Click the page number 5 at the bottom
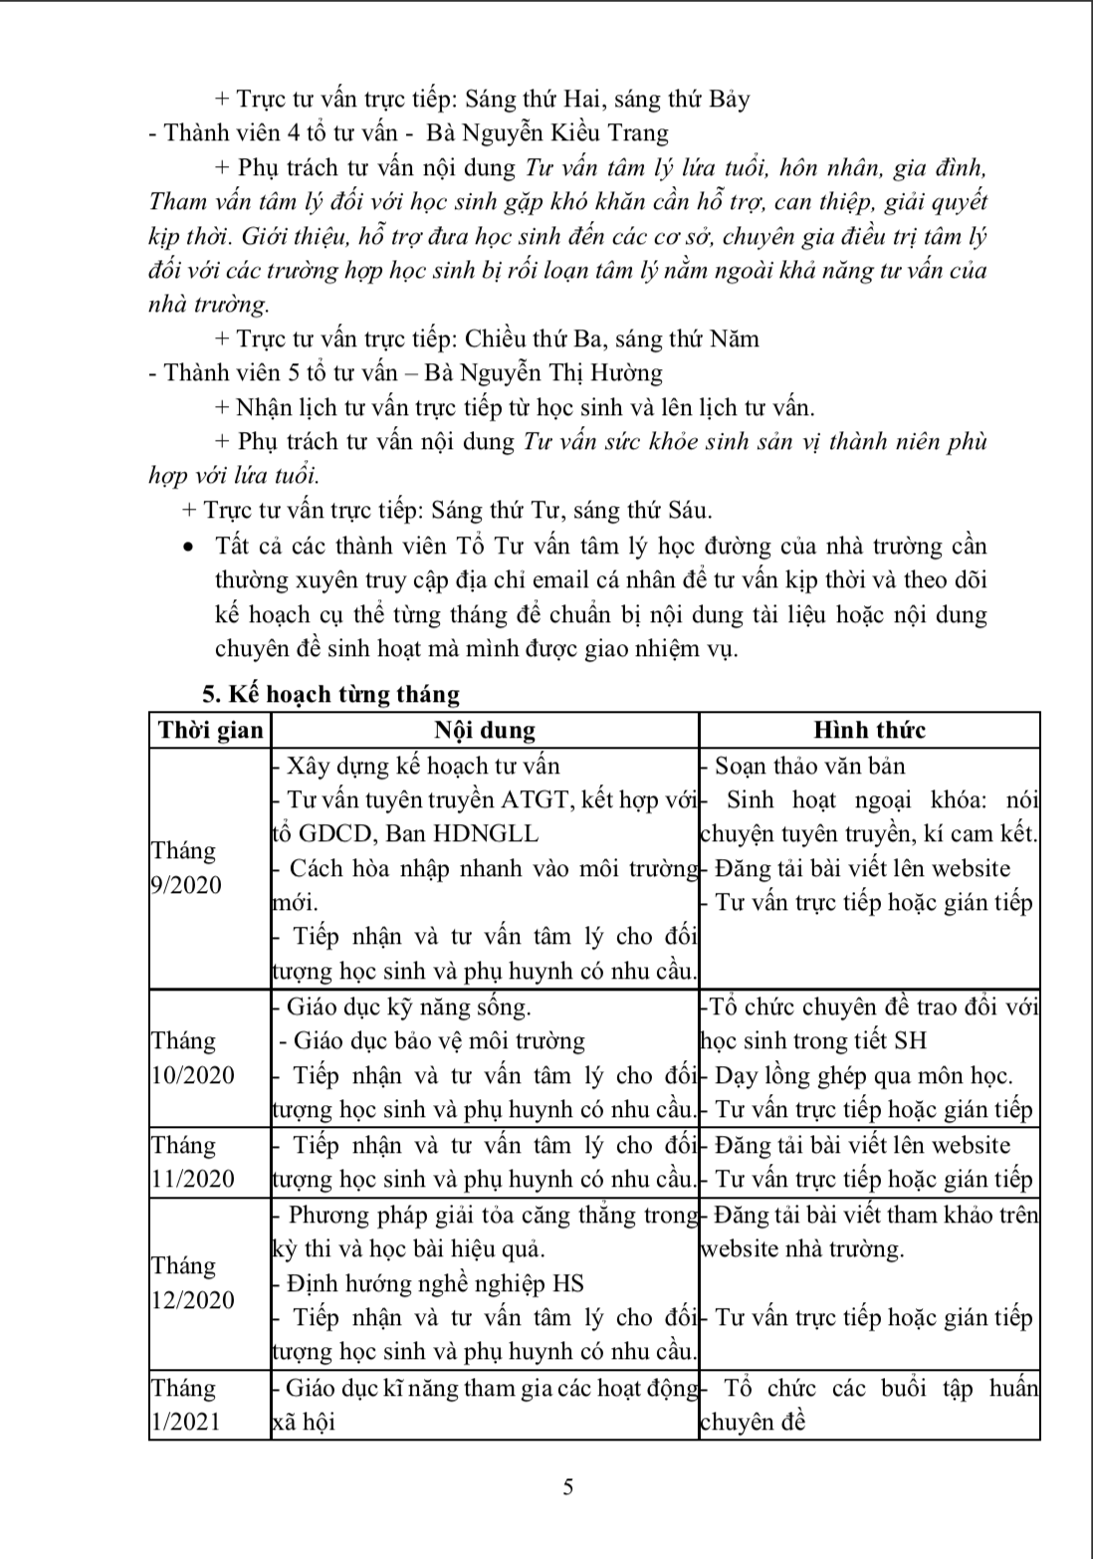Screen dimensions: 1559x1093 (x=568, y=1488)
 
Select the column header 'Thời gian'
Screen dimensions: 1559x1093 (x=210, y=730)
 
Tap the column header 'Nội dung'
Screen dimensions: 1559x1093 (x=485, y=730)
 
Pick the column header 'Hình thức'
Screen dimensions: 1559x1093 (x=869, y=730)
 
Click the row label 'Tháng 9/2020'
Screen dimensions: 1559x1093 (x=186, y=867)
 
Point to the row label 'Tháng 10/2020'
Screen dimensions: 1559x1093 (x=193, y=1057)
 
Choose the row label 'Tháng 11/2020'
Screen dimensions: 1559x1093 (x=193, y=1162)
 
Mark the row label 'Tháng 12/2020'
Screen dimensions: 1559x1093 (x=193, y=1282)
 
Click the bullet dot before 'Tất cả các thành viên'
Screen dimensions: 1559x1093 (x=189, y=547)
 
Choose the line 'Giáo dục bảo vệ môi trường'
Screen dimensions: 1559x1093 (x=434, y=1040)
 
